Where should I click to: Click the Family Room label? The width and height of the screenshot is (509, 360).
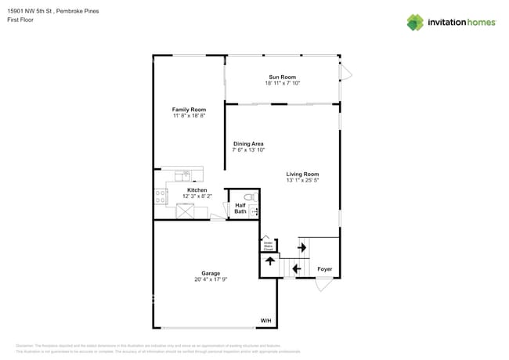189,109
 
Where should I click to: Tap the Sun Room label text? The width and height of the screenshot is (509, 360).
282,77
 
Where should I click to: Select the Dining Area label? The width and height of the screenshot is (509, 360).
248,144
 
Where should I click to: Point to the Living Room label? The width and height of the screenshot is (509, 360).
302,174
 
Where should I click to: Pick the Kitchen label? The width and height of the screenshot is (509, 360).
197,190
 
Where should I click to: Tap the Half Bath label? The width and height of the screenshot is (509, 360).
240,208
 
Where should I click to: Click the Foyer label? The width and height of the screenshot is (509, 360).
324,269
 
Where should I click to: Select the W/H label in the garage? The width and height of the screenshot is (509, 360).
266,320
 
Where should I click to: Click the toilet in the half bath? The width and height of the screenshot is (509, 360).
251,198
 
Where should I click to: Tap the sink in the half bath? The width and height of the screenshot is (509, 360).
254,211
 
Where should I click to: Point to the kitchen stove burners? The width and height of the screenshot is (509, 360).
161,196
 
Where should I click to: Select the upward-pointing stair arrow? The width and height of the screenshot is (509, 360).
270,261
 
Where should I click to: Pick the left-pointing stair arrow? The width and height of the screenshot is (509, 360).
296,269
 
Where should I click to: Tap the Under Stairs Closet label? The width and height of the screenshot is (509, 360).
268,244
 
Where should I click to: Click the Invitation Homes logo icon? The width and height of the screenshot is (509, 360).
415,22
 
